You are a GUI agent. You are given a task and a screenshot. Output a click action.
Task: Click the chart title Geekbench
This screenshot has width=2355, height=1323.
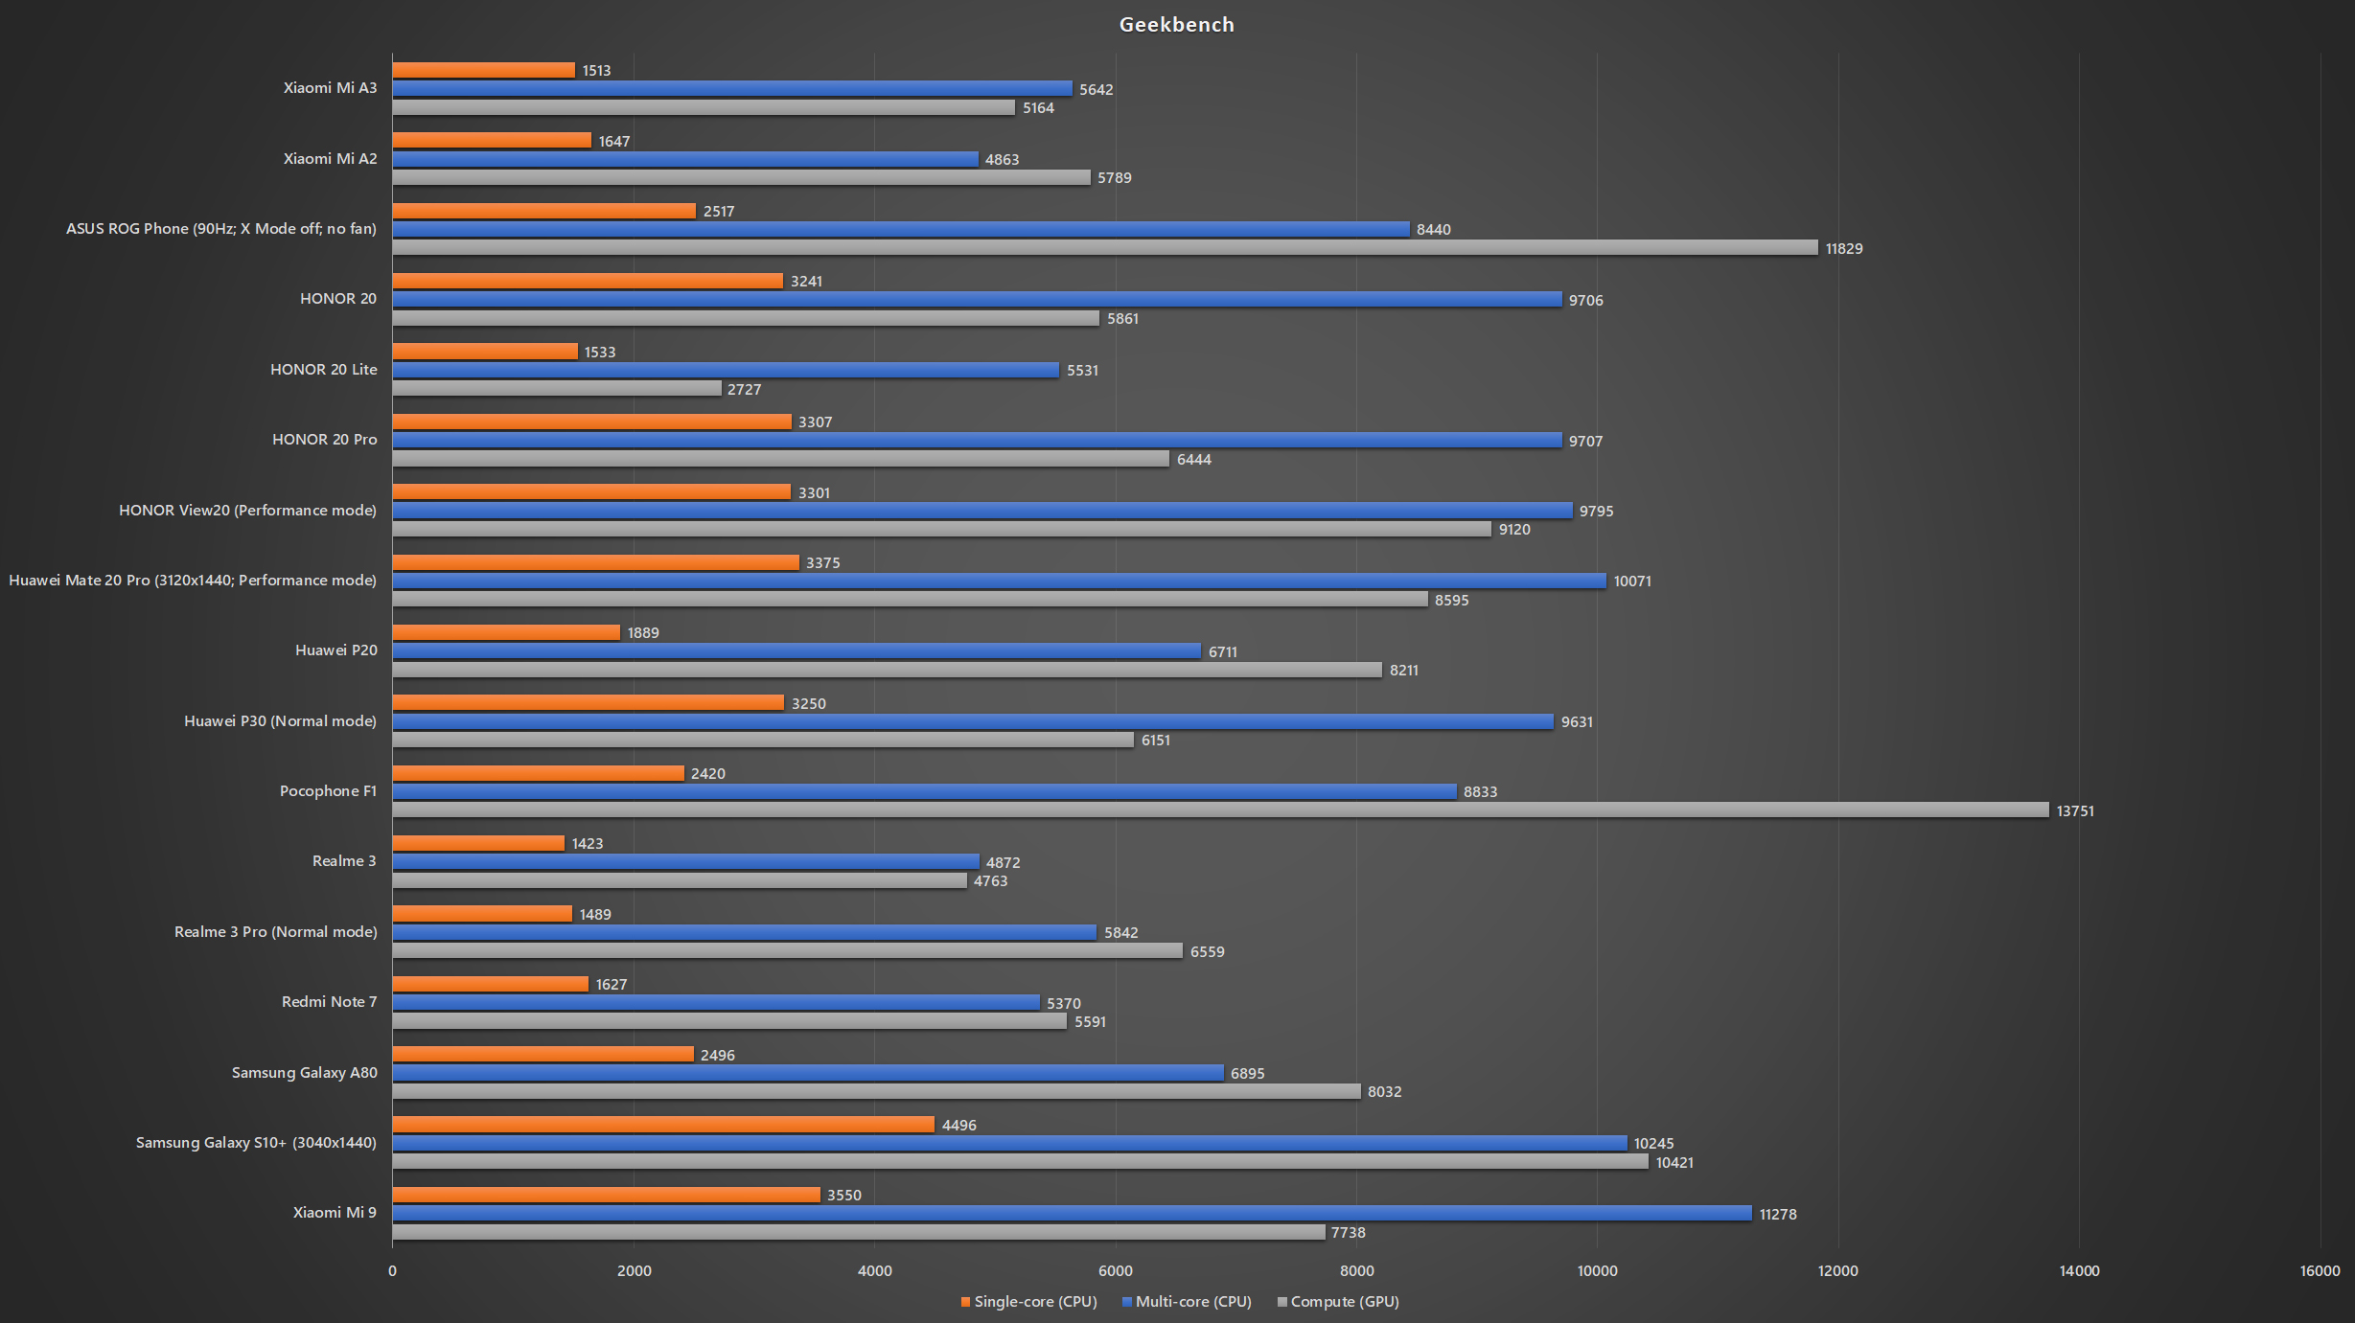[1176, 25]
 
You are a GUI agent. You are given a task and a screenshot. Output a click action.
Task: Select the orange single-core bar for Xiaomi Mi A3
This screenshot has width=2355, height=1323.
[484, 70]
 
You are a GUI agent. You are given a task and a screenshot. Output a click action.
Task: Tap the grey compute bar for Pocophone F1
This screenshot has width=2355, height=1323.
[1220, 810]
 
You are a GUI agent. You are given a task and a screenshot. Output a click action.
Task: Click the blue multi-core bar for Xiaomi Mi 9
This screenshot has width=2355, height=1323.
[1072, 1214]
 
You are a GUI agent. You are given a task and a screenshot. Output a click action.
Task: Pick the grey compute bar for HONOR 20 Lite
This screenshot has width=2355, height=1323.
[557, 389]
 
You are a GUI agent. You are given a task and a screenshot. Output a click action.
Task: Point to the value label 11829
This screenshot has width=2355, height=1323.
[1844, 249]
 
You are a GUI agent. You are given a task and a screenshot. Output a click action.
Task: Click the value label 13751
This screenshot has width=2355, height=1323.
[2075, 811]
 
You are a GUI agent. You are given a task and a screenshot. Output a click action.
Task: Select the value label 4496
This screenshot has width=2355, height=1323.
[958, 1126]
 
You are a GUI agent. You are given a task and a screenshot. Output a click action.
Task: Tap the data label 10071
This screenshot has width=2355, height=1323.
[1632, 582]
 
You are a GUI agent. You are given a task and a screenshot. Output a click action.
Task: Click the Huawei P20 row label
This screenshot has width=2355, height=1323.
[336, 650]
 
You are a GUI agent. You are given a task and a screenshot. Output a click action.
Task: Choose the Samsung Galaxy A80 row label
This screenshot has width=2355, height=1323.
[305, 1073]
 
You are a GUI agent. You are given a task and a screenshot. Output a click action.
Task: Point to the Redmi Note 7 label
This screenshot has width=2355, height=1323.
[330, 1002]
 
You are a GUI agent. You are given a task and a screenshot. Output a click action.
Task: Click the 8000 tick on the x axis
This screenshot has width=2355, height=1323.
[1356, 1271]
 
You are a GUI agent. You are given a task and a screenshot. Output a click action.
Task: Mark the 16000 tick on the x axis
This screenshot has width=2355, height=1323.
[2320, 1271]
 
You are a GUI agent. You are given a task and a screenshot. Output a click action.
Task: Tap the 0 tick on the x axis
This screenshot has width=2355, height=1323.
[392, 1271]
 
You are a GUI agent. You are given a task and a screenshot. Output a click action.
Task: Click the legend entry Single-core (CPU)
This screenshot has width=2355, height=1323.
[1028, 1302]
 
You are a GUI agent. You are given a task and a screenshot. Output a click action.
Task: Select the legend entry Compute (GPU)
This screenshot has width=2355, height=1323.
[1338, 1302]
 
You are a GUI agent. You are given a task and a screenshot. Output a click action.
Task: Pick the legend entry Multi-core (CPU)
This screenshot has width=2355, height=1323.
[1187, 1302]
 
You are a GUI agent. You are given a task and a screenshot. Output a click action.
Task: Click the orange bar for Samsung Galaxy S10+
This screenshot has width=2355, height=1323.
[663, 1125]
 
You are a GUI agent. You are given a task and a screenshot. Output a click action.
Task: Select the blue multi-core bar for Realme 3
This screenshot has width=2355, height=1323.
[685, 862]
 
